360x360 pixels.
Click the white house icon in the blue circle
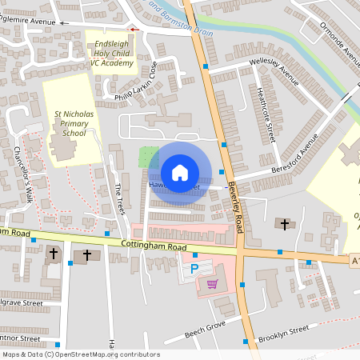(180, 173)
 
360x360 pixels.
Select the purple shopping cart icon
(212, 283)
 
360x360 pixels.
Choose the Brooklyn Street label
(283, 334)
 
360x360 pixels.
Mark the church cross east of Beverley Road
(285, 224)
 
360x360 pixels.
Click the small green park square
(148, 156)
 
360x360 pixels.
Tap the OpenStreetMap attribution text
(80, 354)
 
